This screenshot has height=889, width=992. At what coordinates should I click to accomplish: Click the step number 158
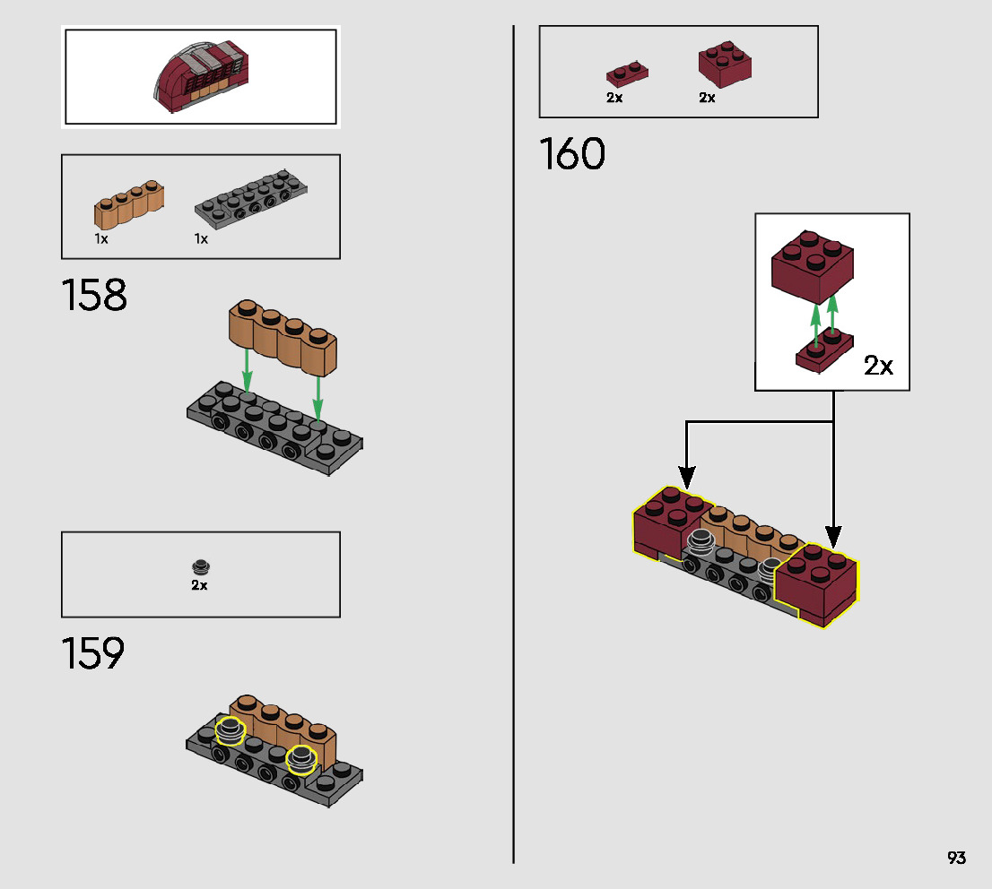pos(94,296)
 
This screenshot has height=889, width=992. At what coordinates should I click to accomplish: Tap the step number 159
pos(92,654)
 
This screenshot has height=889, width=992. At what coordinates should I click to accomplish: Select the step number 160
pos(572,154)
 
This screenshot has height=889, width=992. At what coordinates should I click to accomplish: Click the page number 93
pos(956,858)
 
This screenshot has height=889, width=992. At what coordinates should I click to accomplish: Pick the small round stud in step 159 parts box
pos(200,566)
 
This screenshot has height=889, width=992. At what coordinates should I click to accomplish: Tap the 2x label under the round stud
pos(199,585)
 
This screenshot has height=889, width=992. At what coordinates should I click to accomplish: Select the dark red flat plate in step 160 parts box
pos(627,73)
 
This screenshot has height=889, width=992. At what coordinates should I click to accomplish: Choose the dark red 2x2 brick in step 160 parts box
pos(725,65)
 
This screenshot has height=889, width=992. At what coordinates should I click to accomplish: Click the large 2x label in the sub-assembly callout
pos(878,366)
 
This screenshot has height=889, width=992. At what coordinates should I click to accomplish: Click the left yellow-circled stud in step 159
pos(231,730)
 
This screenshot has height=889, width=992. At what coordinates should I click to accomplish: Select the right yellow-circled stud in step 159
pos(301,759)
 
